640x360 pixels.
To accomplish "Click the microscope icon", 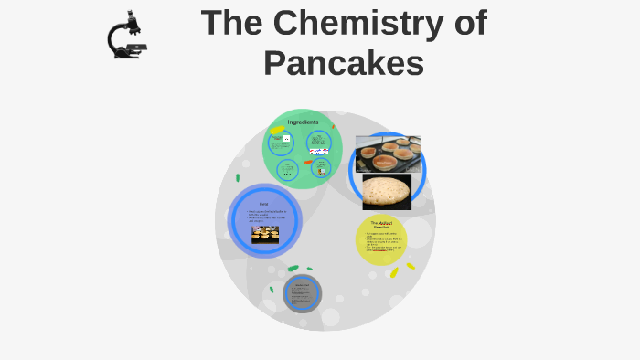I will tap(128, 36).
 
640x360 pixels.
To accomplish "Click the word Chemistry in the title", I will tap(354, 23).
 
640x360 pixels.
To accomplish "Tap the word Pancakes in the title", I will tap(344, 63).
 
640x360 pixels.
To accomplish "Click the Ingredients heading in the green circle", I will tap(303, 122).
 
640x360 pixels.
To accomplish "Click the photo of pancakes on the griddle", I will tap(388, 154).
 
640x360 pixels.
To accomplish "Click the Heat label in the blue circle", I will tap(263, 204).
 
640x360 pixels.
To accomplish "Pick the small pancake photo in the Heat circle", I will tap(265, 234).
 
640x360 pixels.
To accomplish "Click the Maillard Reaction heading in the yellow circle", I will tap(380, 224).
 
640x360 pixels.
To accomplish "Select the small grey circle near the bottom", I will tap(302, 293).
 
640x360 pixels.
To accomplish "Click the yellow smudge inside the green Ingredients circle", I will tap(277, 130).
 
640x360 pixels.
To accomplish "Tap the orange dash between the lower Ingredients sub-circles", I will tap(308, 162).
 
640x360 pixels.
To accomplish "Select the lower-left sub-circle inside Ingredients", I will tap(288, 169).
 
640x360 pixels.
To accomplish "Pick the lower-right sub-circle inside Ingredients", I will tap(321, 168).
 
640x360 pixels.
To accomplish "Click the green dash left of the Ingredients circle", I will tap(238, 177).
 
